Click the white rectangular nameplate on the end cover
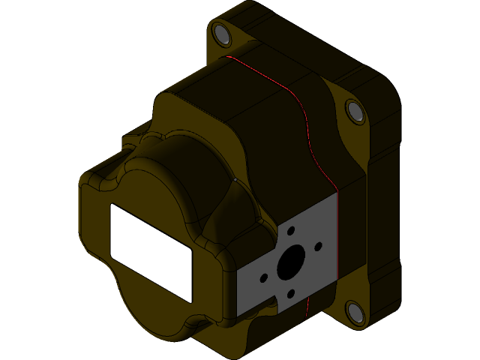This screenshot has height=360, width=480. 151,252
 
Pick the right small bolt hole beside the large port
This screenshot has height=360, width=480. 318,246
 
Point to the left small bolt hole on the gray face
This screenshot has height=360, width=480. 263,278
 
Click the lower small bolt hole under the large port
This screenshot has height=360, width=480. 290,295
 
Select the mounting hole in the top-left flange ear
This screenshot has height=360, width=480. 221,34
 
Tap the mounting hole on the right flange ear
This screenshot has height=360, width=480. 355,111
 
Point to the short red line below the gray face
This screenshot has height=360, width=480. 307,307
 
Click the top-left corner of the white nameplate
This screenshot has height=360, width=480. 112,205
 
